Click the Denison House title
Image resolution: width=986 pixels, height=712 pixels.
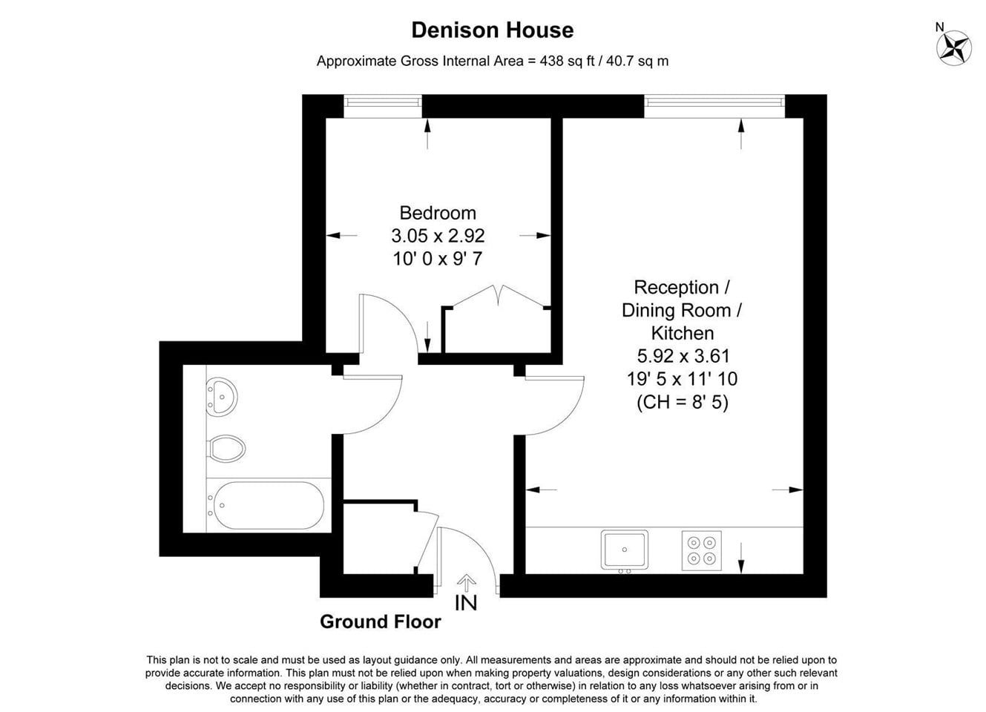point(492,30)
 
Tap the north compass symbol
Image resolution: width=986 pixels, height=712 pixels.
point(954,47)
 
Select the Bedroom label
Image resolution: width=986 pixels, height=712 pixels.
point(438,213)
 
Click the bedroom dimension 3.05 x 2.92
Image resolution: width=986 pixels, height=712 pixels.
point(438,236)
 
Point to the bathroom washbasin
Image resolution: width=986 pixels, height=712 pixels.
point(221,397)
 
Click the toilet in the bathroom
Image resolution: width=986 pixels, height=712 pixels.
point(226,449)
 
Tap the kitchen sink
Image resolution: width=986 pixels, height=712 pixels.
point(624,550)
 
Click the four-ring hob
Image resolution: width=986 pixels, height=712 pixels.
point(702,550)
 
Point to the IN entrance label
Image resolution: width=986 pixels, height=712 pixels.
point(466,603)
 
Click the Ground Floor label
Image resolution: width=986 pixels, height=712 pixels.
point(381,622)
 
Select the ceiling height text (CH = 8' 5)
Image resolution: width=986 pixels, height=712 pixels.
point(683,402)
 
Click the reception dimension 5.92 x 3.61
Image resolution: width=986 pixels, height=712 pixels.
point(683,355)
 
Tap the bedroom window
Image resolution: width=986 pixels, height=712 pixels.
point(383,106)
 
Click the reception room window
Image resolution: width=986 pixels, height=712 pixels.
point(714,106)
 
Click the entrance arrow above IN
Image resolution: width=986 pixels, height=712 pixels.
point(466,581)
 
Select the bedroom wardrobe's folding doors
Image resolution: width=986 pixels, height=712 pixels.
point(498,295)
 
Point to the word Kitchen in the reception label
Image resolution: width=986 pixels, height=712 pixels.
point(683,333)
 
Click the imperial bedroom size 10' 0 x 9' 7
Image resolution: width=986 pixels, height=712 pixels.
point(438,259)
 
